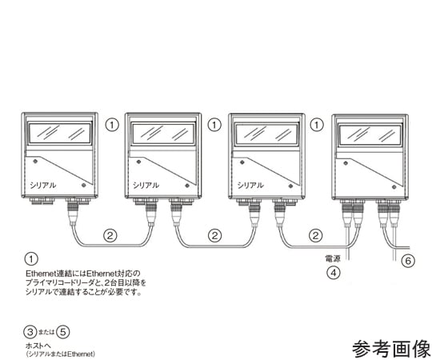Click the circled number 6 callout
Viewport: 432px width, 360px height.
click(408, 260)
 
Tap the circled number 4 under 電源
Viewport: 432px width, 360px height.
click(334, 273)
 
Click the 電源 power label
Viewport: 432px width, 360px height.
click(333, 258)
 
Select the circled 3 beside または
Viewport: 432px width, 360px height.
click(30, 332)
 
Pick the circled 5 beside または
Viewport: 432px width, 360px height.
click(63, 332)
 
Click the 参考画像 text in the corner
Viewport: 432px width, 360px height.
click(391, 349)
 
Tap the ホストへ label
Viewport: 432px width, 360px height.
click(38, 346)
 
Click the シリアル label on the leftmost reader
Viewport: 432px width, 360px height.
click(42, 185)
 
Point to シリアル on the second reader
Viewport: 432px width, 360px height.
click(146, 185)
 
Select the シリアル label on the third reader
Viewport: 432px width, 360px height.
click(250, 185)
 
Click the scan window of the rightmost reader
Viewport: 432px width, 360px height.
click(370, 134)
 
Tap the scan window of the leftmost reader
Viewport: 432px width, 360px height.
click(60, 134)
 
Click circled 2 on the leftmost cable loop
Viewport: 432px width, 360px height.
click(110, 235)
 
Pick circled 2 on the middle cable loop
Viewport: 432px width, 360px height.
click(214, 235)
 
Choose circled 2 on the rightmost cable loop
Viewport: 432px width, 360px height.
click(315, 235)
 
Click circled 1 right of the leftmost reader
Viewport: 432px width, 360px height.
click(112, 125)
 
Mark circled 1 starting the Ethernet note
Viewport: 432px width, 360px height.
click(31, 259)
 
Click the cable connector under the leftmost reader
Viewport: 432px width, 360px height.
click(73, 210)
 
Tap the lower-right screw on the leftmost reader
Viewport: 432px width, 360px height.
click(84, 185)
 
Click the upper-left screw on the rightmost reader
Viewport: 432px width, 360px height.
click(346, 164)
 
